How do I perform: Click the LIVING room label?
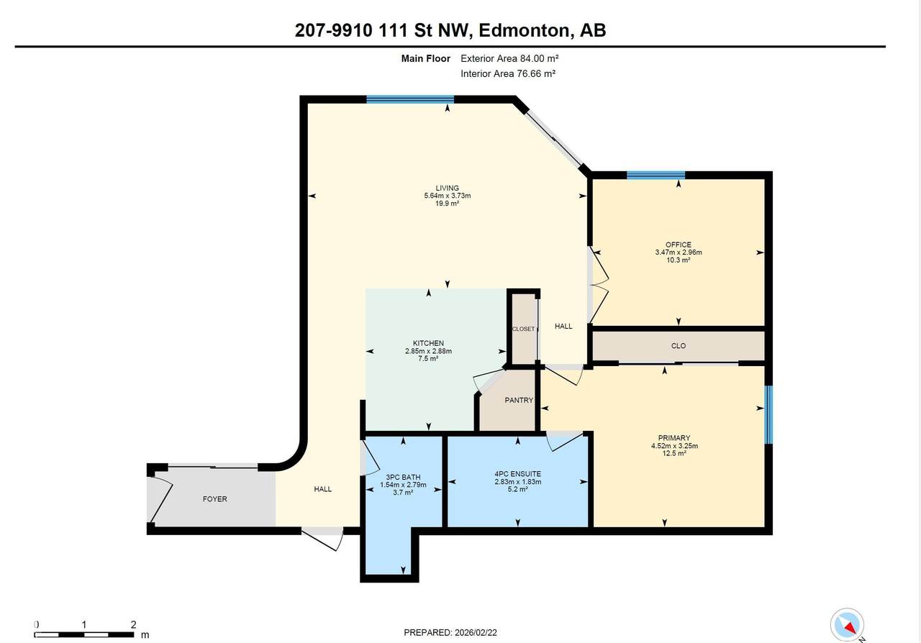(x=447, y=188)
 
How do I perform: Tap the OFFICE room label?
(x=678, y=245)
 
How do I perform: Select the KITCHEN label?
(x=428, y=343)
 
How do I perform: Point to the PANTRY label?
(x=518, y=400)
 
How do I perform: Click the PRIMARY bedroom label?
(x=673, y=438)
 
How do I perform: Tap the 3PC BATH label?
(x=403, y=477)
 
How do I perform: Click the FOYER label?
(x=214, y=498)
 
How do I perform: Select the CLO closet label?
(x=678, y=346)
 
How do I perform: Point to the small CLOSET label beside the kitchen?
(x=523, y=329)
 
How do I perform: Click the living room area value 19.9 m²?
(x=447, y=204)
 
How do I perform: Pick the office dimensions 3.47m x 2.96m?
(x=678, y=252)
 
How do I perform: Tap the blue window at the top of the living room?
(x=410, y=99)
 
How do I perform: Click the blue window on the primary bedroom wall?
(x=768, y=415)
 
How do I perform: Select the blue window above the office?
(x=655, y=175)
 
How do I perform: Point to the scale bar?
(x=85, y=634)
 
